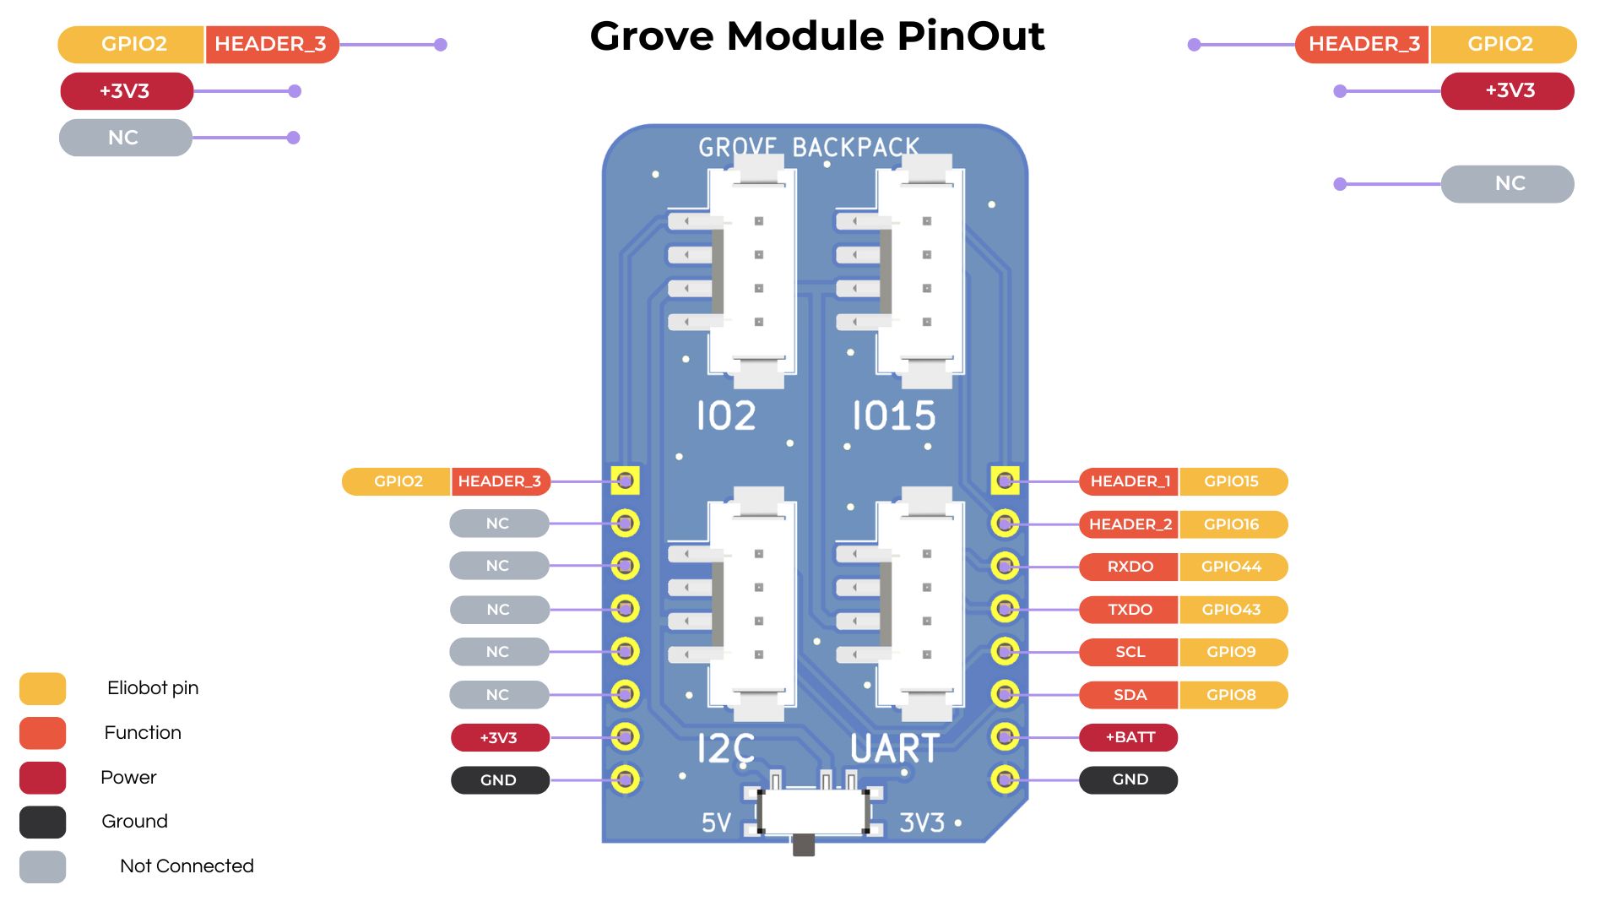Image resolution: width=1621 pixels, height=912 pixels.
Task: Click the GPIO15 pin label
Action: [1232, 481]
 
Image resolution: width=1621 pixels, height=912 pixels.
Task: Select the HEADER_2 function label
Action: [1129, 524]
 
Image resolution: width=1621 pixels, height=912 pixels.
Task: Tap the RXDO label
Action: [1129, 567]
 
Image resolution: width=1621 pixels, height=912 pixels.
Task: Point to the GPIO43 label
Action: [1232, 610]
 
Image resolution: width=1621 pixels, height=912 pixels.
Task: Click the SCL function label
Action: [1129, 652]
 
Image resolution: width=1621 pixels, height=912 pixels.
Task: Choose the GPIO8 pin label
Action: [1232, 695]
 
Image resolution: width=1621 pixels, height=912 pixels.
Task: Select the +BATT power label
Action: [1129, 737]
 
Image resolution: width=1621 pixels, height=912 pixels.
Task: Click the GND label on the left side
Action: [499, 780]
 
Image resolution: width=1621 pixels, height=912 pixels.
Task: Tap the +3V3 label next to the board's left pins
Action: [499, 737]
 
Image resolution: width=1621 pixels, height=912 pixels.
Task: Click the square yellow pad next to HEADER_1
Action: [1005, 481]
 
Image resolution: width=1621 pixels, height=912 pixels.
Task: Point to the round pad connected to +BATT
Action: [1005, 737]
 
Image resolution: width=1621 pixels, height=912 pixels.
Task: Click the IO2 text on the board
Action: [725, 415]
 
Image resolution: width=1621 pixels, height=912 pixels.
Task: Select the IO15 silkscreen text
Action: [893, 415]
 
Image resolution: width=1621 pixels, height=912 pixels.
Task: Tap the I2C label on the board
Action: [725, 748]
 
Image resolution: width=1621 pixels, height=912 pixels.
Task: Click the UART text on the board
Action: [895, 748]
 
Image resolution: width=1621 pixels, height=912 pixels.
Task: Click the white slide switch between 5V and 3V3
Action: [813, 812]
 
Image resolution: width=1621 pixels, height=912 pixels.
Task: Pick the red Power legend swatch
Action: [42, 778]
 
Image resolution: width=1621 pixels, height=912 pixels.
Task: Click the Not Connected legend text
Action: [187, 866]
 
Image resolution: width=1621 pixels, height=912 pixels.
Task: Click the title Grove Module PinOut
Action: [816, 36]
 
